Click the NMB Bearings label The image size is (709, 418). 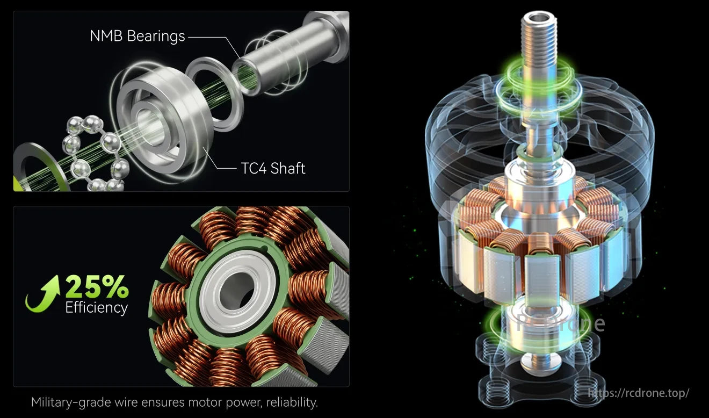(138, 37)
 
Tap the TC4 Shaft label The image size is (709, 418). (273, 168)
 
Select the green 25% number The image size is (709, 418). (97, 287)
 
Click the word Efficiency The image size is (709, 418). (97, 308)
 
